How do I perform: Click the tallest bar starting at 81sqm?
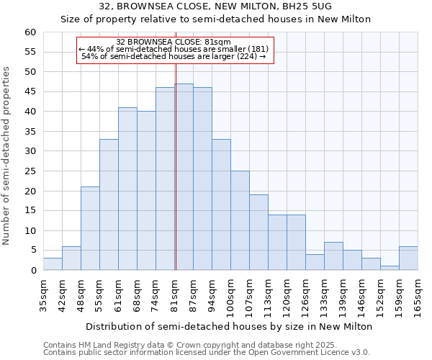coord(184,177)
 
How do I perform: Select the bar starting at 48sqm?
coord(90,228)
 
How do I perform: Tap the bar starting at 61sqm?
coord(127,189)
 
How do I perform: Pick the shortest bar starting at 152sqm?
coord(390,268)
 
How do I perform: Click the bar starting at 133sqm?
coord(333,256)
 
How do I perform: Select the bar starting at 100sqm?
coord(240,220)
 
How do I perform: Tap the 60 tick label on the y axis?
coord(30,32)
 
